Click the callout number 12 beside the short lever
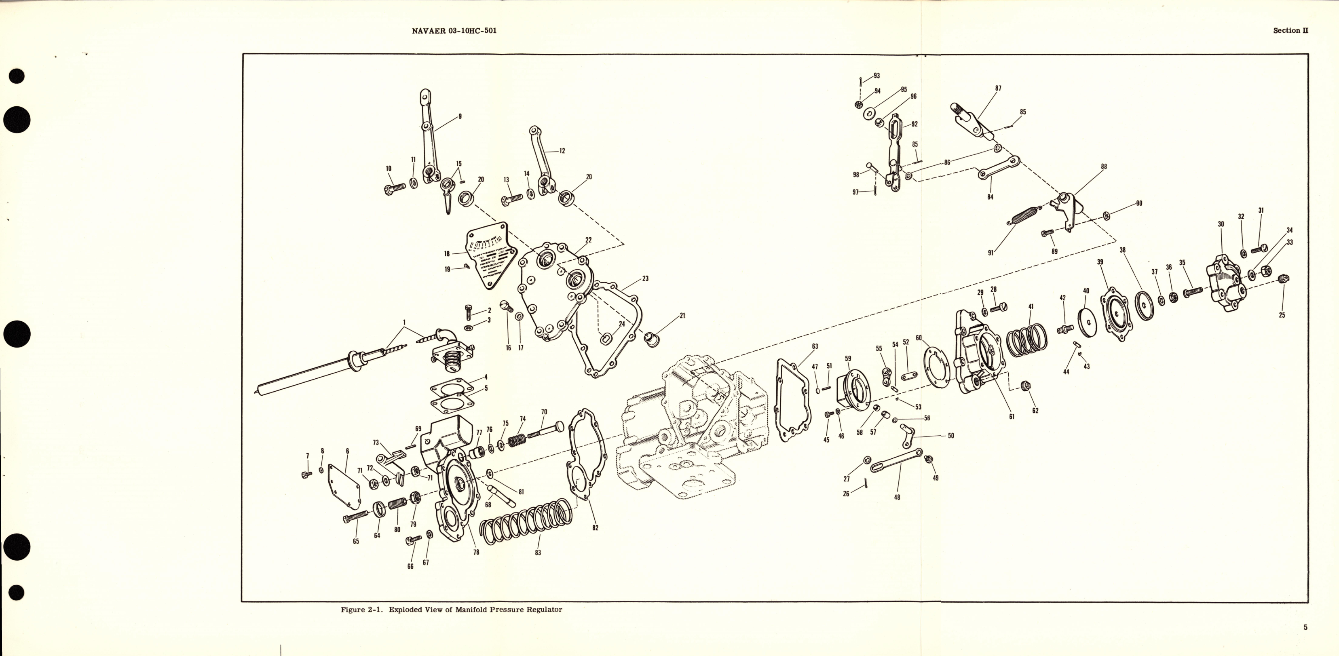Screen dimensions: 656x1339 tap(562, 151)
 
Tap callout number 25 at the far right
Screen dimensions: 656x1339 tap(1282, 315)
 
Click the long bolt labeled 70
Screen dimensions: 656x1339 tap(546, 431)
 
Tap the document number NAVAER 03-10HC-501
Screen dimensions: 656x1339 tap(454, 31)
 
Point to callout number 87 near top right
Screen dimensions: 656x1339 tap(998, 89)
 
